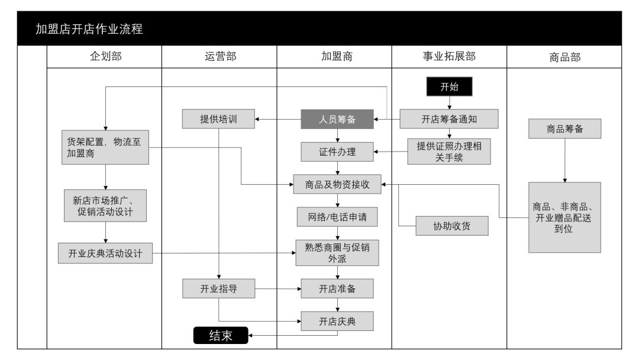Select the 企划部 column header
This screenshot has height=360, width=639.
pos(104,57)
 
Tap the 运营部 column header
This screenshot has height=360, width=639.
pos(219,57)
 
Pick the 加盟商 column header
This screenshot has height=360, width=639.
pos(334,57)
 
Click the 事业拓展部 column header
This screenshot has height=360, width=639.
pos(449,57)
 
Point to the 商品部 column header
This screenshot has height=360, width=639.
pos(564,57)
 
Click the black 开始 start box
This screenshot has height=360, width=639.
pos(449,86)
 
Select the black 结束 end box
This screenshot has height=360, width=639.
pos(221,336)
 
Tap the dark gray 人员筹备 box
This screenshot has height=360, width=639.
pos(337,119)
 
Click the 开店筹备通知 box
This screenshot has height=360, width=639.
pos(449,119)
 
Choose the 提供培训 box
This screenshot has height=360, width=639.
pos(218,119)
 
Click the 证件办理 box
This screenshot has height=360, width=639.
pos(337,152)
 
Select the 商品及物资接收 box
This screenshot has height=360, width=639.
pos(337,184)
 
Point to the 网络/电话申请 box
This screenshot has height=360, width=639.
pos(337,217)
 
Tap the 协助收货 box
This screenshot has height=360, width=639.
pos(452,226)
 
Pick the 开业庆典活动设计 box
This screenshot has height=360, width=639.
pos(105,253)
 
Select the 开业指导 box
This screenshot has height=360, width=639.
pos(218,289)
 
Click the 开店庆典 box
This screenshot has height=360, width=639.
pos(337,321)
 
